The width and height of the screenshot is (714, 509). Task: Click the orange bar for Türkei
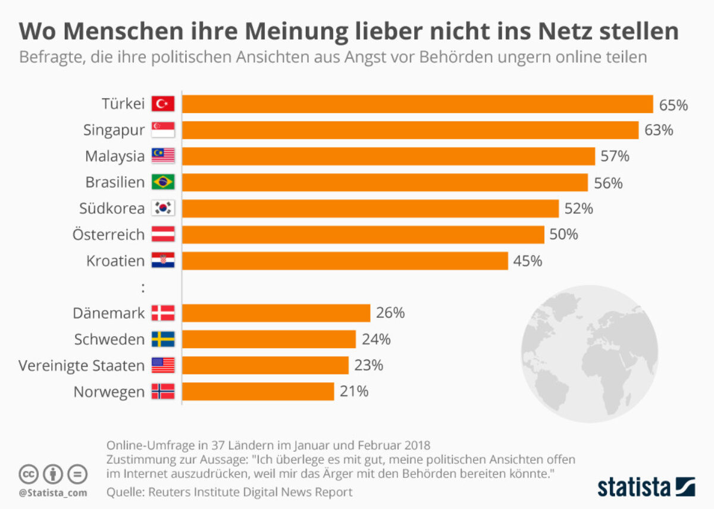(416, 104)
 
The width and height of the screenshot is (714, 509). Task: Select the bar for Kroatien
(345, 261)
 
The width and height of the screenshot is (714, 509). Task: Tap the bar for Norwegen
(258, 391)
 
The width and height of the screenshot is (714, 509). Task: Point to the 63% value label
(659, 130)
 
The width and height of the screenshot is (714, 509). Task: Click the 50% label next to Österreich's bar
(563, 235)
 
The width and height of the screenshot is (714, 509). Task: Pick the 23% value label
(368, 366)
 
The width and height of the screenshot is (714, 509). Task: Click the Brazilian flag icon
(163, 182)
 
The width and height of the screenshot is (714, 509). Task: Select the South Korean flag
(163, 208)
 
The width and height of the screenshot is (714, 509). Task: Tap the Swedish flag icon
(163, 339)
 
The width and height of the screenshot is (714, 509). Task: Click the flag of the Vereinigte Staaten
(163, 366)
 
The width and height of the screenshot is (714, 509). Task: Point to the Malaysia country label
(115, 156)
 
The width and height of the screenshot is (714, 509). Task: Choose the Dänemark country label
(109, 313)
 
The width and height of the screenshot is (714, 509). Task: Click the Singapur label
(114, 130)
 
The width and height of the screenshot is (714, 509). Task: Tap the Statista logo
(646, 486)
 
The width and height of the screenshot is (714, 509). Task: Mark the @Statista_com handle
(52, 493)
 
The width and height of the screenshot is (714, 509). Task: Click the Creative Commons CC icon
(28, 474)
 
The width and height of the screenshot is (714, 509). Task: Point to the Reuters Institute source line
(230, 492)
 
